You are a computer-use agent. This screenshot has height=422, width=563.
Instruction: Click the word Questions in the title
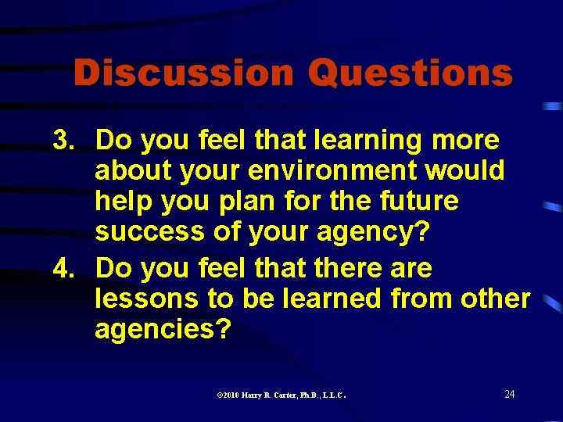410,73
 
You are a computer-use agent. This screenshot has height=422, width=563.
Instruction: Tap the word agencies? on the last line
163,330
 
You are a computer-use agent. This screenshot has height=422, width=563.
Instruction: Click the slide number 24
509,394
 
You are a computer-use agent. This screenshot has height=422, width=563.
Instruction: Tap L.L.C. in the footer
333,395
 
